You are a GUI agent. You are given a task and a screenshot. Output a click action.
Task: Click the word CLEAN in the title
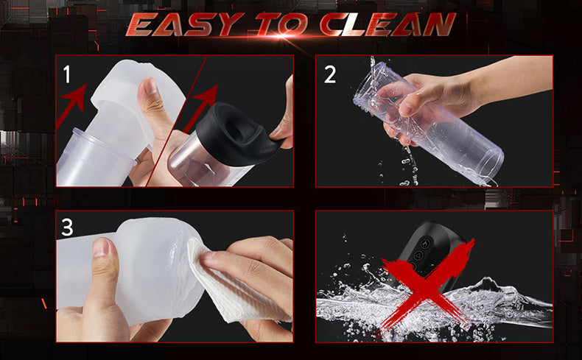click(x=387, y=24)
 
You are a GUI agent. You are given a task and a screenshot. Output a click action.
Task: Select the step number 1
click(x=67, y=74)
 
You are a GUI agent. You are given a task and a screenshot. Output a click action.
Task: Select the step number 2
click(x=329, y=74)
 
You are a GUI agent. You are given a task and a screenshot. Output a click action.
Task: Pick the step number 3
click(x=67, y=227)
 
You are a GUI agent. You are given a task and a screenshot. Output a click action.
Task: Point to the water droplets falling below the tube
click(x=404, y=167)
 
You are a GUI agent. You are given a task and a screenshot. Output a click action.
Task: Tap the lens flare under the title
click(x=282, y=36)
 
